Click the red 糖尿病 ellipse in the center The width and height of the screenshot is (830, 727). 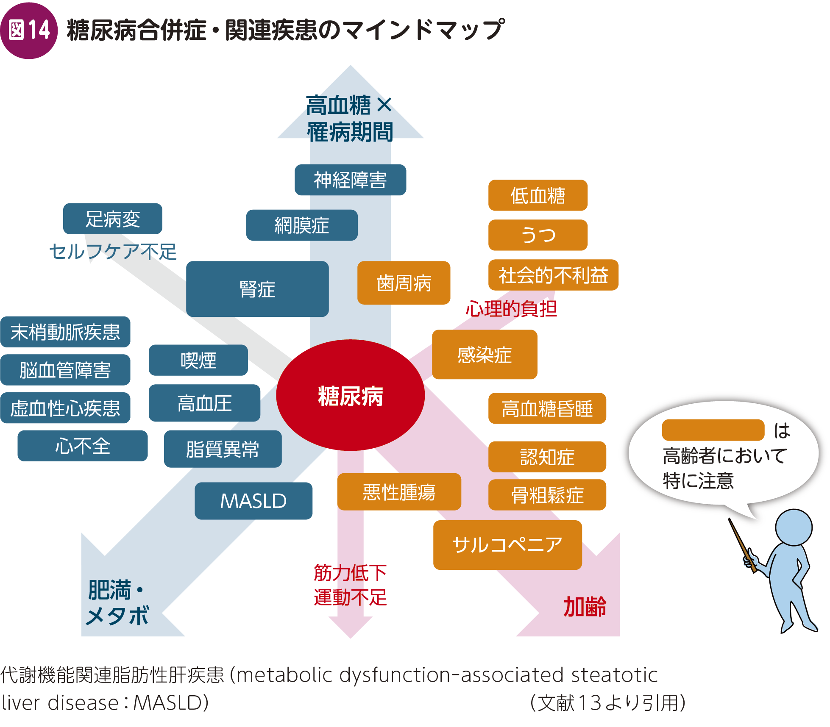(350, 395)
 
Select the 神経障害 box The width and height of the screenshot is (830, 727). (350, 180)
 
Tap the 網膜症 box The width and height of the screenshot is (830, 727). (302, 225)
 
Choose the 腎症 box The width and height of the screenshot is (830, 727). (257, 289)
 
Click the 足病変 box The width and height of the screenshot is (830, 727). (113, 219)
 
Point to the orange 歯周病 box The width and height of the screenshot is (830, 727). (404, 283)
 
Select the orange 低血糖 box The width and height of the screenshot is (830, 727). (538, 195)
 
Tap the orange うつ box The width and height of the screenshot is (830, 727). (538, 235)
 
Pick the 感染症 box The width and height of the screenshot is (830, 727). (485, 354)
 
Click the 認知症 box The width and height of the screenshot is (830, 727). (547, 457)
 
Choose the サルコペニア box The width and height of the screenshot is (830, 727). (507, 545)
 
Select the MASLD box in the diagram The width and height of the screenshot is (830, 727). (253, 501)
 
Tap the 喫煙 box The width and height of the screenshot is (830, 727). (198, 360)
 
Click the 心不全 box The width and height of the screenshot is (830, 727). (83, 446)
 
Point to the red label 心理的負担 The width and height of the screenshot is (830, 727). (511, 308)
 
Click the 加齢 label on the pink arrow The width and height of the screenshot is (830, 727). (585, 606)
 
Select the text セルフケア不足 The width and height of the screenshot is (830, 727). (113, 251)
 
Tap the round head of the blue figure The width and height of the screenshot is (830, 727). (794, 527)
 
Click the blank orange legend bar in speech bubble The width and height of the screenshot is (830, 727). (713, 430)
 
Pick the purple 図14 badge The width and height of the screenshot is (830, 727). (29, 31)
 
